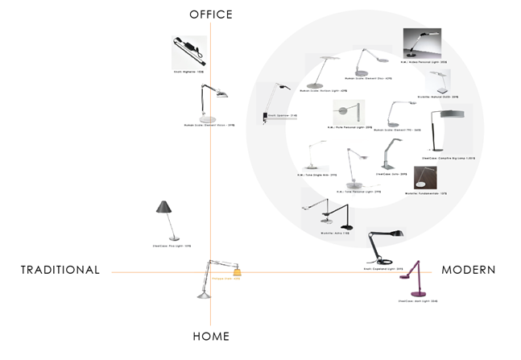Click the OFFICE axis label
210,14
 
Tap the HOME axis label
211,336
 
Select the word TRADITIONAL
60,270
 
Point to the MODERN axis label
468,270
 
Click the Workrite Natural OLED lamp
440,81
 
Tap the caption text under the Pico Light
171,246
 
